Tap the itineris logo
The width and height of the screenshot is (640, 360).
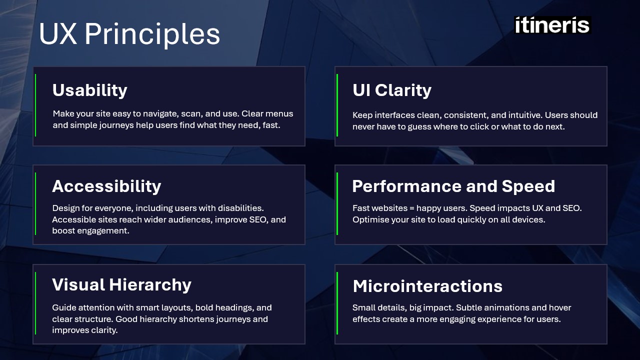coord(552,25)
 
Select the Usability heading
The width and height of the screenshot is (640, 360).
coord(89,90)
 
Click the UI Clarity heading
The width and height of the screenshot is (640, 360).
coord(391,90)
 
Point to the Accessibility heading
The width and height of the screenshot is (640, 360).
coord(106,186)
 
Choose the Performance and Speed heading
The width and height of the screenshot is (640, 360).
coord(453,186)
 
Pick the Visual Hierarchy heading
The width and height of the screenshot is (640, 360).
coord(121,285)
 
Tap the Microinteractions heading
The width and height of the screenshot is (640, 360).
coord(427,286)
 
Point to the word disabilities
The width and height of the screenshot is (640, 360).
coord(238,207)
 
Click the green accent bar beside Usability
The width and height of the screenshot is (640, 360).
coord(35,105)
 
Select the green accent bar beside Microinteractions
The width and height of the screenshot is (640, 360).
coord(337,302)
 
